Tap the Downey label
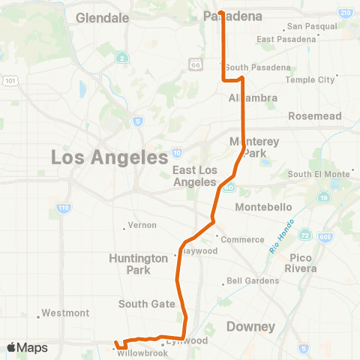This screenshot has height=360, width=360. click(250, 326)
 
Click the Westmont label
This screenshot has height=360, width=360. click(66, 313)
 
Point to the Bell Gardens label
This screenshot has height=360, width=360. click(255, 281)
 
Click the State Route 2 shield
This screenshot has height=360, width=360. click(121, 58)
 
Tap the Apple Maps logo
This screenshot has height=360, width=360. click(27, 348)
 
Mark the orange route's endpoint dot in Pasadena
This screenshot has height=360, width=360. click(220, 11)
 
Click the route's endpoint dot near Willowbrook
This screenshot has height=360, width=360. click(115, 346)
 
